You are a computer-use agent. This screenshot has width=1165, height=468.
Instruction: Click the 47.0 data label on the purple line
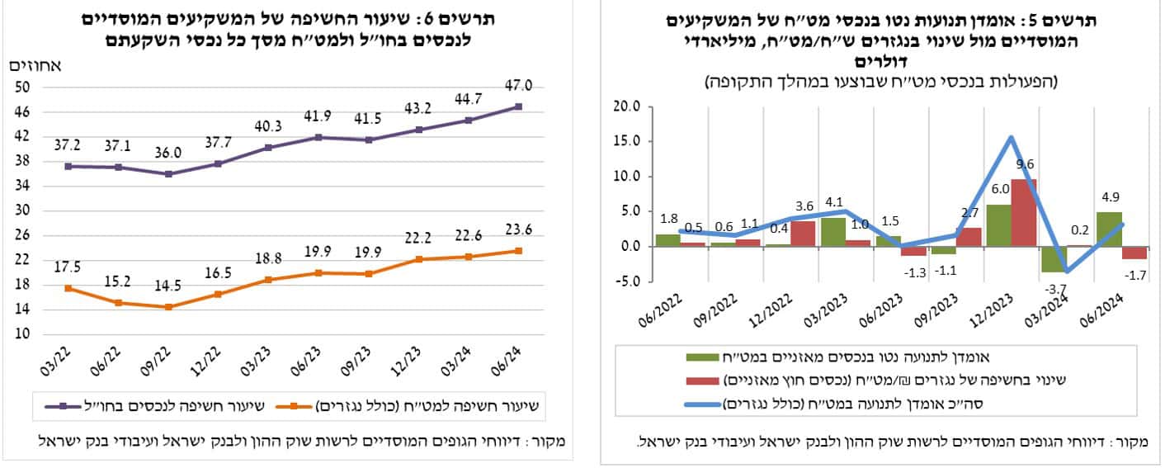[517, 85]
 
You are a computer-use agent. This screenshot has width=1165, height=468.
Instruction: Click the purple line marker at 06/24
[518, 106]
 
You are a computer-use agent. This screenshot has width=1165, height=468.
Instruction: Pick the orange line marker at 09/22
[169, 307]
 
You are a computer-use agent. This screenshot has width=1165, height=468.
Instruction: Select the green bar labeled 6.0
[997, 225]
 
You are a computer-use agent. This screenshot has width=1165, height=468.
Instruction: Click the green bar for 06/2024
[1108, 229]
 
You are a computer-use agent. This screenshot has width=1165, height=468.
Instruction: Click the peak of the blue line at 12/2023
[1011, 137]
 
